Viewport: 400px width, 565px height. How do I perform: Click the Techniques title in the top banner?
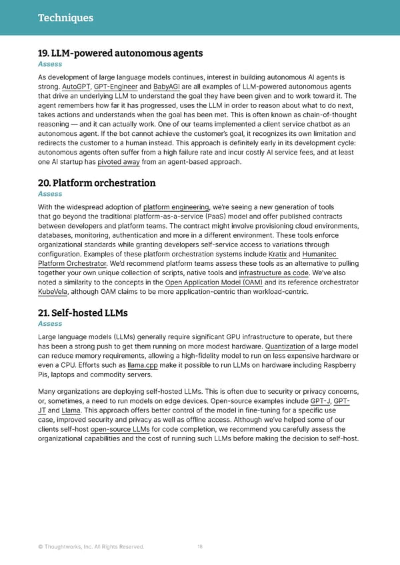(x=65, y=18)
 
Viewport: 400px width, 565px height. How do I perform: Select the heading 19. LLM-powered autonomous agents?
(x=120, y=53)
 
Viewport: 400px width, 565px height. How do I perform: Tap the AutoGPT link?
(x=75, y=87)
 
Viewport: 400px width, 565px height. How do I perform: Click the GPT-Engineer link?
(x=115, y=87)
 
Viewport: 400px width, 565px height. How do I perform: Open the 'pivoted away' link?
(x=118, y=161)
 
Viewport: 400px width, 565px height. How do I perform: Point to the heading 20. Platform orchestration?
(x=97, y=183)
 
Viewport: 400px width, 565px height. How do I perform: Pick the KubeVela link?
(x=55, y=292)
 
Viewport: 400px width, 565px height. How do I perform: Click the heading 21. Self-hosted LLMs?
(x=83, y=312)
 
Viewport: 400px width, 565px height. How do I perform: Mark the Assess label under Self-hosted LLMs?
(x=50, y=324)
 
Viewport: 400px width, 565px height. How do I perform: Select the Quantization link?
(x=285, y=346)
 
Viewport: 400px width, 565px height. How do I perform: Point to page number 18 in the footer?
(x=200, y=547)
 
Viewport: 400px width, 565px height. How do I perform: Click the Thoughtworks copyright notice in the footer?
(x=91, y=547)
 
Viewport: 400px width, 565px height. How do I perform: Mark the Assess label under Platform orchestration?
(x=50, y=194)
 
